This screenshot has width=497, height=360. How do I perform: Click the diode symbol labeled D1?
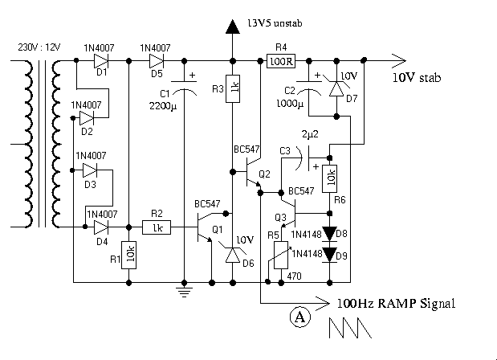pos(101,59)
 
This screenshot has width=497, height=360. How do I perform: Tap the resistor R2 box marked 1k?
pos(157,227)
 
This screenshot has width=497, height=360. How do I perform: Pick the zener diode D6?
pos(233,256)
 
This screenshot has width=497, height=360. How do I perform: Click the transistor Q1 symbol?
pos(205,229)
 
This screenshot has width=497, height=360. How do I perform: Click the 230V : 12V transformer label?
pos(33,47)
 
